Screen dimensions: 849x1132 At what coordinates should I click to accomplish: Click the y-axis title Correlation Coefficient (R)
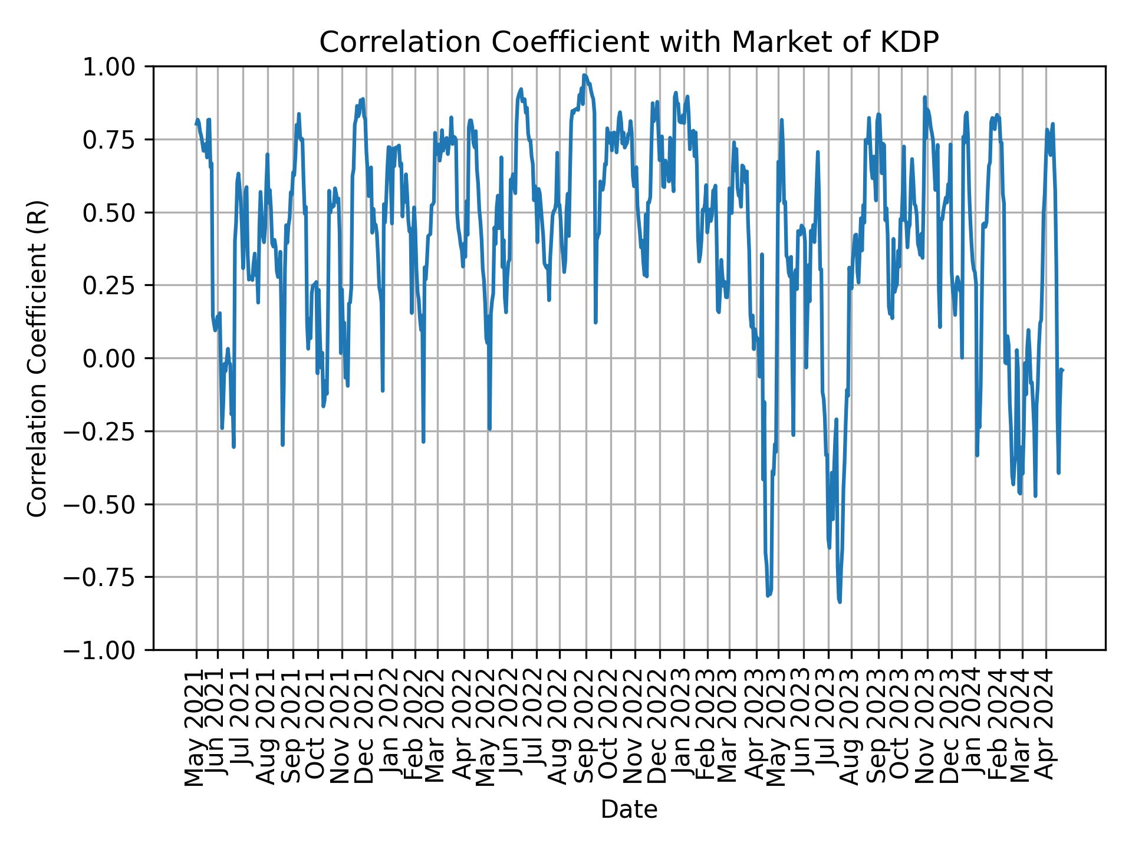(x=37, y=358)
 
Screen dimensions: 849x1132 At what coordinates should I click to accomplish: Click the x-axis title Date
(x=628, y=809)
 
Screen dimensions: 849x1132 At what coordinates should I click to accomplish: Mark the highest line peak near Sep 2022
(x=584, y=75)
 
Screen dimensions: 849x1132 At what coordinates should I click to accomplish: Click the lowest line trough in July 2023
(x=839, y=601)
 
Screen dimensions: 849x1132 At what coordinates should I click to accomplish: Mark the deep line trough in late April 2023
(x=768, y=595)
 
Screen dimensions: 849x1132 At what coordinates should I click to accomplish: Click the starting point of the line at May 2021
(x=196, y=124)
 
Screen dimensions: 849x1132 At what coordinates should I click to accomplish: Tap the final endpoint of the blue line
(x=1062, y=370)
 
